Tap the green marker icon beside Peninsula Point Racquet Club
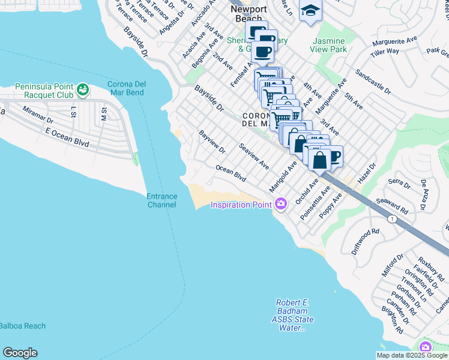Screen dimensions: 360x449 tap(83, 91)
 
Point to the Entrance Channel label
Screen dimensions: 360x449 tap(162, 200)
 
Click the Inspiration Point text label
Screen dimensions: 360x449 tap(241, 205)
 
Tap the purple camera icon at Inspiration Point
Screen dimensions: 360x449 tap(280, 205)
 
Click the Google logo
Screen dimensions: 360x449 tap(20, 353)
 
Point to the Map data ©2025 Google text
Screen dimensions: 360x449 tap(412, 355)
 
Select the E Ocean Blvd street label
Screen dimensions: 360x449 tap(67, 137)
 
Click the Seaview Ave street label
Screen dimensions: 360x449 tap(254, 155)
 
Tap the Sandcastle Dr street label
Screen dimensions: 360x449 tap(373, 83)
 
